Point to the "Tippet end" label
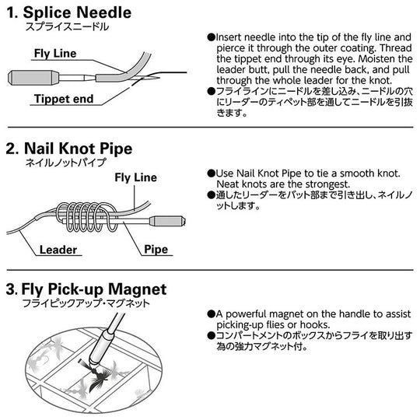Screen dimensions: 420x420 [x=64, y=99]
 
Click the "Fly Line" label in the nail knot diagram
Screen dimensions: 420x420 [x=135, y=177]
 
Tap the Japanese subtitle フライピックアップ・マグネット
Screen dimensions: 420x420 [x=86, y=304]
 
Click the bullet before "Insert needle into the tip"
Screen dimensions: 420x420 [x=211, y=37]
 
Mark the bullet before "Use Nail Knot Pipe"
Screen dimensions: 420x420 [x=211, y=173]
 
